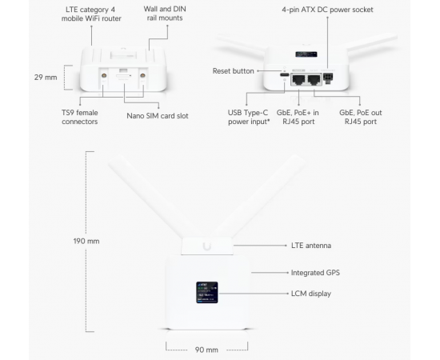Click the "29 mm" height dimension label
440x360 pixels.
point(46,78)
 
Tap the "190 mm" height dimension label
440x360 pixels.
point(86,242)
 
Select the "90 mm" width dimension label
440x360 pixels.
point(206,350)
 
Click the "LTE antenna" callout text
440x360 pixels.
point(311,246)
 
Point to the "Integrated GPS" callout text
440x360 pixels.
point(315,273)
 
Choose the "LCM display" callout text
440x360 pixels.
point(311,294)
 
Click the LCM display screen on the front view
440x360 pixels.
point(207,292)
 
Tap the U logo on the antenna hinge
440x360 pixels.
point(207,246)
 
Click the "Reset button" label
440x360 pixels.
point(233,71)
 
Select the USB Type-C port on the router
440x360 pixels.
point(285,75)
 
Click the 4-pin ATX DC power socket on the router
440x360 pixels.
point(328,78)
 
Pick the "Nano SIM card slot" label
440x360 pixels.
point(158,116)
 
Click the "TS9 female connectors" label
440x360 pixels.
point(80,117)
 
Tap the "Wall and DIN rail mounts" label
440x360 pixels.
point(165,14)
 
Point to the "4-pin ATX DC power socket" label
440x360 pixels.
point(327,10)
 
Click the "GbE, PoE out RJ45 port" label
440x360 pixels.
point(361,117)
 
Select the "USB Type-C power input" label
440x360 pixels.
point(248,117)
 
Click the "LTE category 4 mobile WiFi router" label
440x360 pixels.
point(91,14)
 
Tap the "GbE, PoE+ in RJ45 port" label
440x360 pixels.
point(298,117)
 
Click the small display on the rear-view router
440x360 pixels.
point(306,54)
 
